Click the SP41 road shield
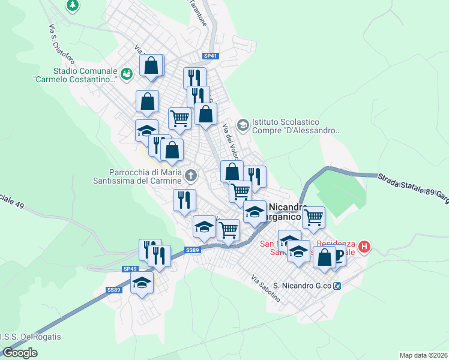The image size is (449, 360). coord(211,56)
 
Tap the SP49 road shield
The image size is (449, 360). coord(130,269)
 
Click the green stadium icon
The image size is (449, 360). coord(126,74)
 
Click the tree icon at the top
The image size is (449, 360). coord(73,5)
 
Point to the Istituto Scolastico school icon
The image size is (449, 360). coord(243,125)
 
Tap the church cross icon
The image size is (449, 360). coord(191,175)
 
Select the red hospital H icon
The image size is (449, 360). coord(365,246)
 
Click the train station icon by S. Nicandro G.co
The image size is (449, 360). coord(338,286)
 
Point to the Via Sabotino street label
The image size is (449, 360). coord(266,287)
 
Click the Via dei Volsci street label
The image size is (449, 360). coord(231,142)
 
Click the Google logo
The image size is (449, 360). coord(20,353)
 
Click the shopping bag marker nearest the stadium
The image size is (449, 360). coord(152,65)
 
